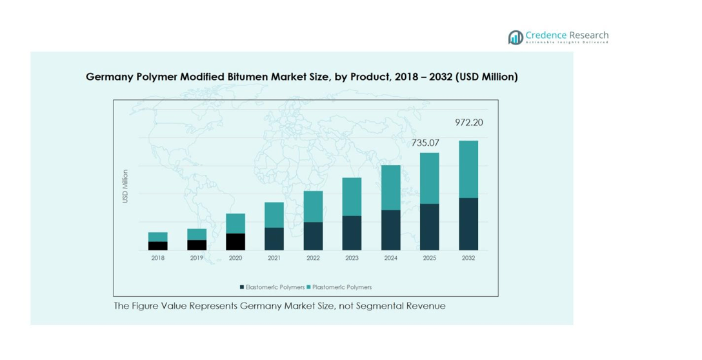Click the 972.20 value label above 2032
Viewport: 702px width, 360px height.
pyautogui.click(x=468, y=123)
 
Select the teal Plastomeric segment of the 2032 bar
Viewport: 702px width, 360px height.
pyautogui.click(x=468, y=169)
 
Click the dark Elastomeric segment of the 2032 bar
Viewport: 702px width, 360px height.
pyautogui.click(x=468, y=224)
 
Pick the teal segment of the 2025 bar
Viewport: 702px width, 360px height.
pyautogui.click(x=430, y=178)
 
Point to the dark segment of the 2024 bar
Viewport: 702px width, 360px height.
pyautogui.click(x=391, y=230)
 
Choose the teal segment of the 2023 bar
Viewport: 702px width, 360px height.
pyautogui.click(x=352, y=197)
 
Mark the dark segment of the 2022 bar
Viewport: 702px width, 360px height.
pyautogui.click(x=313, y=236)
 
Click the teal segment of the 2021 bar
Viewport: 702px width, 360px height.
pyautogui.click(x=274, y=215)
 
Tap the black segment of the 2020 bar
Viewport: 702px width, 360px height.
pyautogui.click(x=236, y=242)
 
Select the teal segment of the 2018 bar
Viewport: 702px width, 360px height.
pyautogui.click(x=158, y=237)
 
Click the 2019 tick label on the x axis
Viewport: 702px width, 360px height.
pyautogui.click(x=197, y=258)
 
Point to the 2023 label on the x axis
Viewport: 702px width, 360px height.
pyautogui.click(x=352, y=258)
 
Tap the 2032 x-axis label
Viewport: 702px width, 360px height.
pyautogui.click(x=468, y=258)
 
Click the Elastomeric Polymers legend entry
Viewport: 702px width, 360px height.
pyautogui.click(x=274, y=287)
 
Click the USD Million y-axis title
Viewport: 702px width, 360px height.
pyautogui.click(x=125, y=186)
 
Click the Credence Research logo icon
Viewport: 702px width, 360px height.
pyautogui.click(x=515, y=37)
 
